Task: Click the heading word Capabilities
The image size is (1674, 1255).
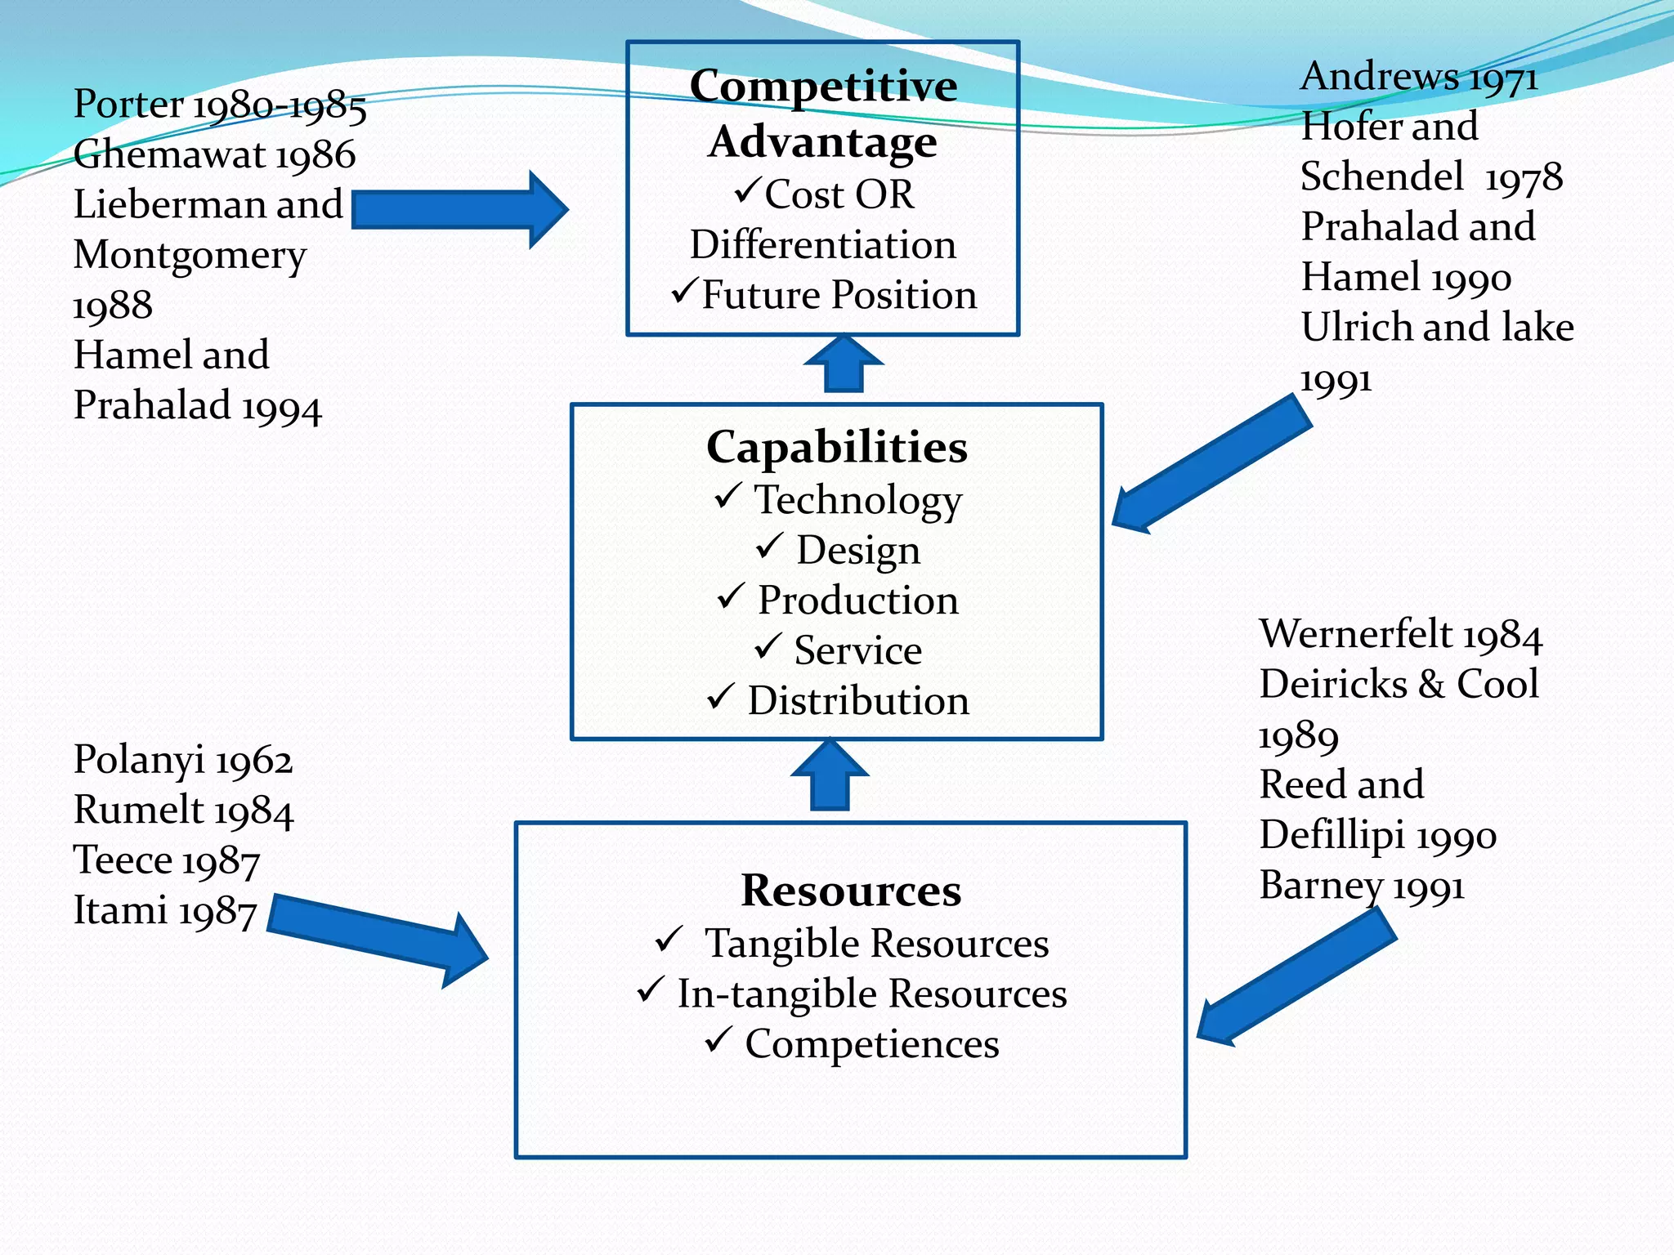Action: coord(836,448)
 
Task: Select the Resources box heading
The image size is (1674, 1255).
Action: coord(851,890)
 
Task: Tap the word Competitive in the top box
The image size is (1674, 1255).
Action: coord(823,86)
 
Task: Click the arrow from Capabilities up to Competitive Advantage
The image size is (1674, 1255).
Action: coord(844,364)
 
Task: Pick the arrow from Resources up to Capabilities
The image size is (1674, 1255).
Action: coord(830,775)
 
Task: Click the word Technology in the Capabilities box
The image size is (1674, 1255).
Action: coord(857,499)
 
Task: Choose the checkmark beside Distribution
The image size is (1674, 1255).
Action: coord(721,697)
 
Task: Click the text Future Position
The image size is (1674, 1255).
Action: coord(839,295)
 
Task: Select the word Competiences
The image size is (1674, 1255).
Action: coord(871,1044)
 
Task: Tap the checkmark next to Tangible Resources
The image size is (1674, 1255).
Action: coord(669,940)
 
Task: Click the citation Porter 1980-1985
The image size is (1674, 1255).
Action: coord(220,105)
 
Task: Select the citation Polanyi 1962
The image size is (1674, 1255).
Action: coord(183,760)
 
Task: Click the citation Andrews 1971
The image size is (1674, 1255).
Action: coord(1419,77)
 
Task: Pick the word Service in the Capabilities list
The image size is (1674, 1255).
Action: coord(857,651)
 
